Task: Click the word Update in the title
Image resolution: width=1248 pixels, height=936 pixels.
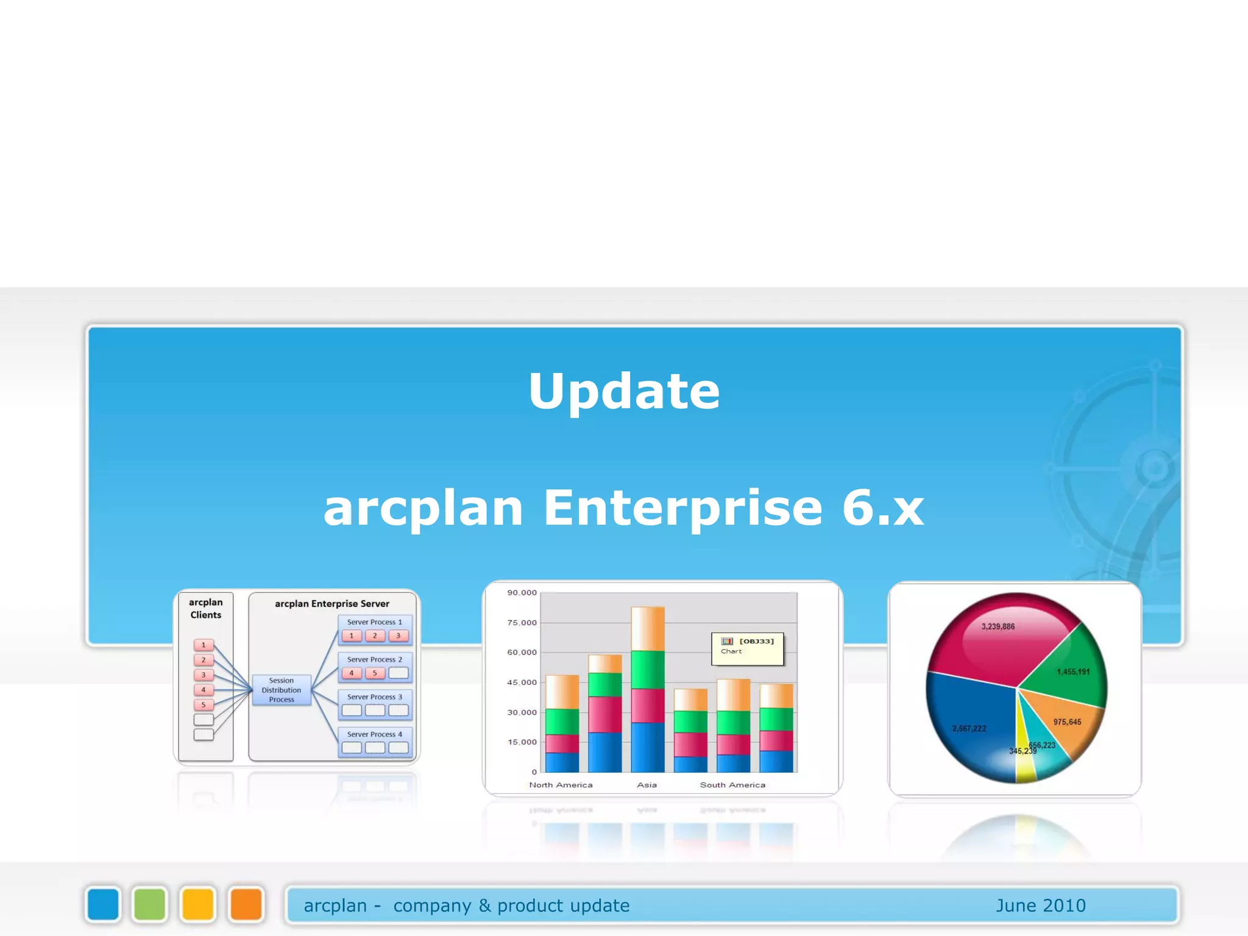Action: click(624, 391)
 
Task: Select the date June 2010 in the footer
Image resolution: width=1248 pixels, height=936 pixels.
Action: click(1040, 906)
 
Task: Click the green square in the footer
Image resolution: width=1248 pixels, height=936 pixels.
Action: click(150, 904)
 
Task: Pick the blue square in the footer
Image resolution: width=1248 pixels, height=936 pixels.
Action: click(103, 904)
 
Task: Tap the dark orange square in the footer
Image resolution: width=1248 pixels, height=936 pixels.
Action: click(246, 904)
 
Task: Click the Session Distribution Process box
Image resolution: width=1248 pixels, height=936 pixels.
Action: click(281, 690)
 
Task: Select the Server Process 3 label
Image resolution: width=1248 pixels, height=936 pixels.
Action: click(374, 697)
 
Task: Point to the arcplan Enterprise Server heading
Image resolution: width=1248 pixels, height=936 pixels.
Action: click(331, 603)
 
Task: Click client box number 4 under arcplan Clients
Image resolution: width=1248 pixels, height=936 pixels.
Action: click(204, 690)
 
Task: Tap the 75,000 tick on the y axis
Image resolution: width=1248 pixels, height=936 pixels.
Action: click(522, 622)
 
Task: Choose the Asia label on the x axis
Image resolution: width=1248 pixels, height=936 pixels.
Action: click(647, 785)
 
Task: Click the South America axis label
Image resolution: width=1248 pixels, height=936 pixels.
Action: click(732, 785)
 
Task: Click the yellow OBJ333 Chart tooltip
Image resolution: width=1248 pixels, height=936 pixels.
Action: click(747, 648)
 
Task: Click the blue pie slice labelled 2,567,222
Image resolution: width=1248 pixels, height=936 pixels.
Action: click(969, 719)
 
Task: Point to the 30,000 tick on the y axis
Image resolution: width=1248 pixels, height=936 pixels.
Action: click(522, 712)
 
